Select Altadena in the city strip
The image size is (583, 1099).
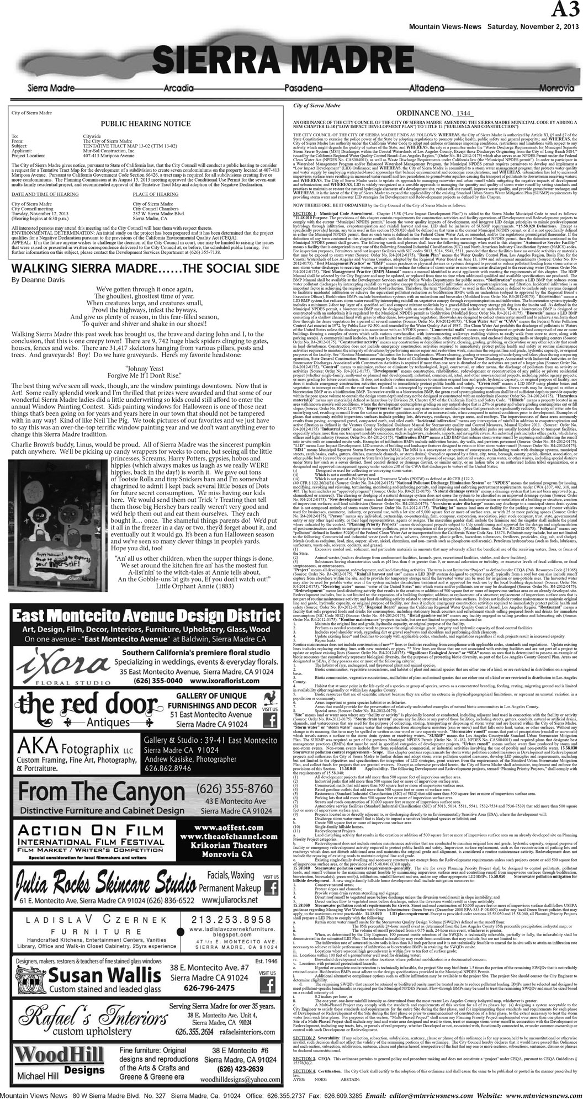[x=427, y=88]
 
